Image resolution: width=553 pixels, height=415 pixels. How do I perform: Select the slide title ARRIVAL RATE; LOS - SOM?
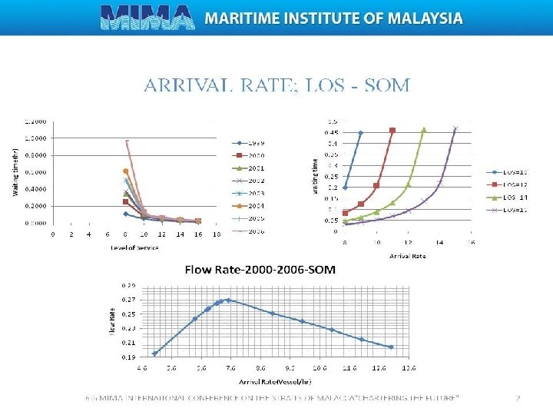(276, 84)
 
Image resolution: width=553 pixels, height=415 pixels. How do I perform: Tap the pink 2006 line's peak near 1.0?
(126, 141)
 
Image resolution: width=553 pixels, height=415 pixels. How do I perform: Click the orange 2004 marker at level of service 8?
(126, 171)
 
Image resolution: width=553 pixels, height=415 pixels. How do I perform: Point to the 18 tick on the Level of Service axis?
(217, 234)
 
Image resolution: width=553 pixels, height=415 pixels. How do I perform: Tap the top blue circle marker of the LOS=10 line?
(361, 132)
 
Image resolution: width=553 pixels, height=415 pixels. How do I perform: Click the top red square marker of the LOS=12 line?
(392, 131)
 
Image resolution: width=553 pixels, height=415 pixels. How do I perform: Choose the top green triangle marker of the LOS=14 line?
(423, 130)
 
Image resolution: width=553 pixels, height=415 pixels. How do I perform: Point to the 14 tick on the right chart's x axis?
(439, 241)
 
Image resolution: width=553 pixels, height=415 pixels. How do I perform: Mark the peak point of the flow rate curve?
(228, 300)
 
